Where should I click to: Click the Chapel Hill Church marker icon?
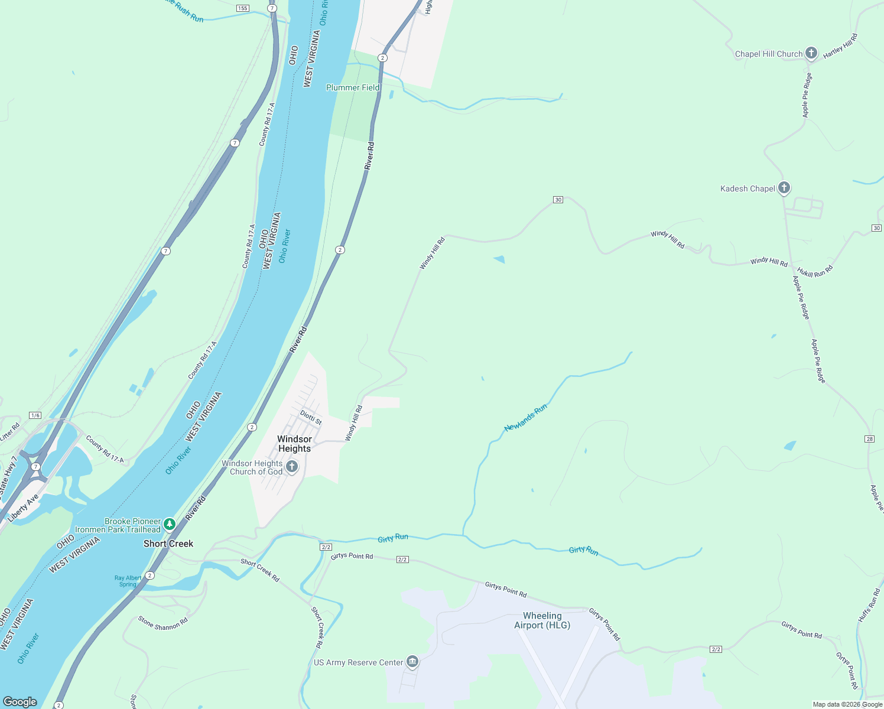tap(811, 54)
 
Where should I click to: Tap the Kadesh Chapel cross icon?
tap(784, 188)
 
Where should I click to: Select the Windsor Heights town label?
tap(294, 444)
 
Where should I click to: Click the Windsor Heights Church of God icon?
tap(291, 467)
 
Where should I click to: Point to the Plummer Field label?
tap(353, 87)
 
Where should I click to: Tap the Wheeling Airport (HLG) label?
tap(542, 620)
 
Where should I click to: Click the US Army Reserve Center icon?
tap(412, 662)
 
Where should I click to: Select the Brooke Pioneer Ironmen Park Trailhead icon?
tap(170, 524)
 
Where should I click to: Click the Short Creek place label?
tap(168, 544)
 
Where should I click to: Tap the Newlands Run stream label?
tap(525, 418)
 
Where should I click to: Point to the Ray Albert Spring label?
tap(128, 581)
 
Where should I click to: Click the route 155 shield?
tap(242, 8)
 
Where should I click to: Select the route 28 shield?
tap(869, 438)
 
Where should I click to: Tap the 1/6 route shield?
tap(35, 415)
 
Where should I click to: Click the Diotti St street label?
tap(311, 418)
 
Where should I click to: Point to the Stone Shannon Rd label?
tap(162, 623)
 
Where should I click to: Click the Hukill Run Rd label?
tap(815, 272)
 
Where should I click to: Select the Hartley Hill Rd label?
tap(840, 45)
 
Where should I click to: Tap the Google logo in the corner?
tap(20, 701)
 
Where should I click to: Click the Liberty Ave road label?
tap(24, 508)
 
